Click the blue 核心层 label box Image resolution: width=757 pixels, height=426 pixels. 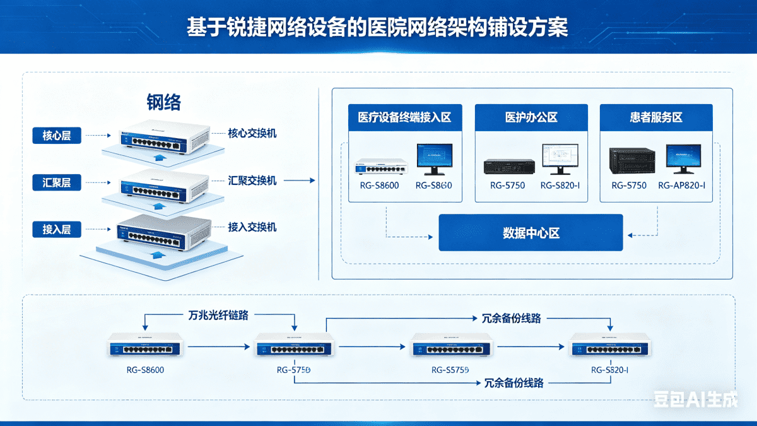[57, 135]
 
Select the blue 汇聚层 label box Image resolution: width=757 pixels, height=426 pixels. [57, 183]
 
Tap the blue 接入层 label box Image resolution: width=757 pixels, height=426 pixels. [57, 230]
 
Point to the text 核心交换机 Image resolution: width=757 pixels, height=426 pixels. [252, 133]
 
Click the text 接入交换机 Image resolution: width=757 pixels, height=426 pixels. [252, 227]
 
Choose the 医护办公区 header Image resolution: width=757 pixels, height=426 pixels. [531, 117]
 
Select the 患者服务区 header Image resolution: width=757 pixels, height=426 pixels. [656, 117]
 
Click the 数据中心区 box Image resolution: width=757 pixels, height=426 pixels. [531, 233]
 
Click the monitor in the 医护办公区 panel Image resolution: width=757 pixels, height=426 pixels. [560, 158]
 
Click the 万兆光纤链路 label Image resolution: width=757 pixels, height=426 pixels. [218, 314]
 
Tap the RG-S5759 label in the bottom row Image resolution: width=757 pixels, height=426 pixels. [450, 370]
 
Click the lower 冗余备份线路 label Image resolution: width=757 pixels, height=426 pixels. [513, 382]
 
